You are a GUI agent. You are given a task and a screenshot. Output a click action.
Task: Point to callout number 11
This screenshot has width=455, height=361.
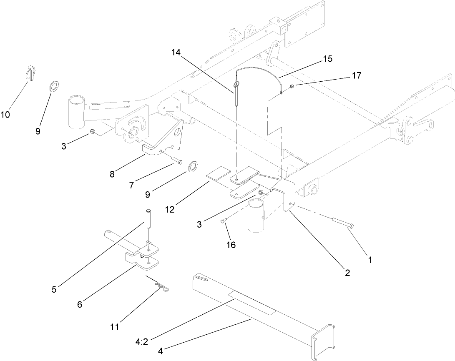pyautogui.click(x=114, y=326)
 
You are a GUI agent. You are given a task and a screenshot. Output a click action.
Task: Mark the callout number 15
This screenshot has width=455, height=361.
pyautogui.click(x=327, y=59)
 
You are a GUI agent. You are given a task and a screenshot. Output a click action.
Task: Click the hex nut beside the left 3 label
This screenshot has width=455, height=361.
pyautogui.click(x=93, y=133)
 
